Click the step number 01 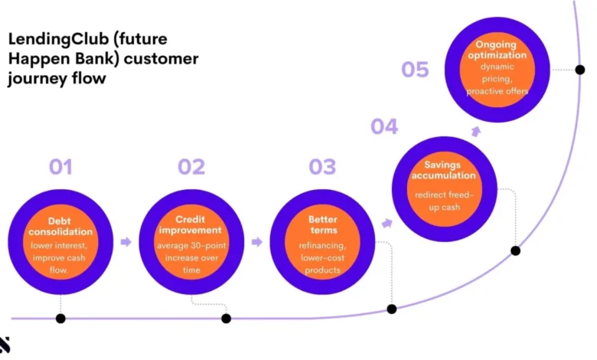click(60, 167)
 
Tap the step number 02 click(191, 167)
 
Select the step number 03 click(322, 167)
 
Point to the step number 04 click(384, 126)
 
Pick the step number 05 click(415, 70)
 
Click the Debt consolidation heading click(60, 226)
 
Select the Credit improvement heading click(191, 224)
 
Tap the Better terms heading click(323, 224)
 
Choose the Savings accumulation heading click(443, 170)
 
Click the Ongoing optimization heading click(497, 50)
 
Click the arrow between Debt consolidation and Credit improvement click(126, 242)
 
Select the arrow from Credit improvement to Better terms click(257, 242)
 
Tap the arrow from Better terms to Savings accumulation click(387, 223)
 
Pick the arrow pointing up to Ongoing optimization click(476, 132)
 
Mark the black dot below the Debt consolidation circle click(60, 319)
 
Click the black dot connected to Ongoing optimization click(580, 70)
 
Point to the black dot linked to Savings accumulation click(515, 250)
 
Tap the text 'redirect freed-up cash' click(444, 201)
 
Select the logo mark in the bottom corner click(4, 345)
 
